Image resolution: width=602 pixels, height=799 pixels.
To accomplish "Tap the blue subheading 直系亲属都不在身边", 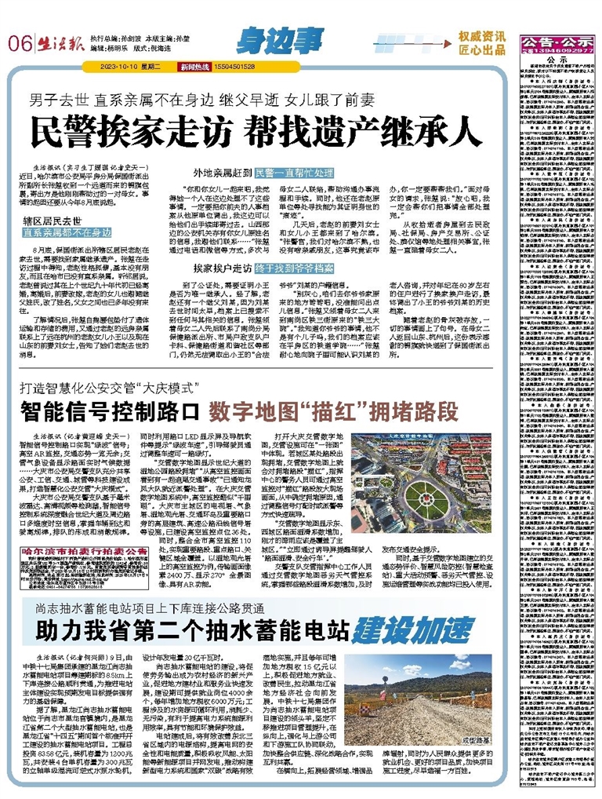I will [67, 232].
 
